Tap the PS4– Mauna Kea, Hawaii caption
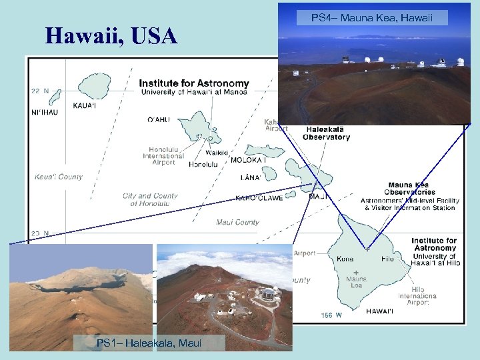click(372, 19)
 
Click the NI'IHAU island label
click(45, 112)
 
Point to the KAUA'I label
click(85, 105)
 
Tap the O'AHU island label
click(159, 120)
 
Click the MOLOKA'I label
click(248, 160)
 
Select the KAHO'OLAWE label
click(259, 198)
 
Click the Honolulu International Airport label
click(163, 156)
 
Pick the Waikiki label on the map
click(218, 151)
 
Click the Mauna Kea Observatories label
click(409, 189)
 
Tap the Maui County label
click(237, 222)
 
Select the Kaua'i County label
click(59, 177)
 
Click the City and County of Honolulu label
click(150, 199)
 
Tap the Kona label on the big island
click(345, 258)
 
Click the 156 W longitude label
click(331, 314)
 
